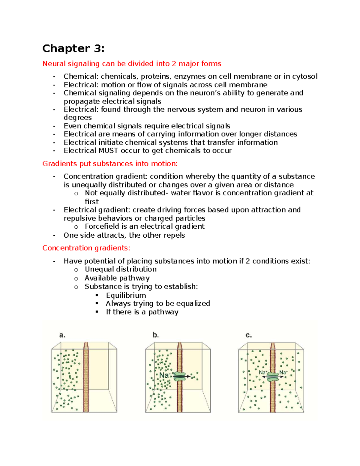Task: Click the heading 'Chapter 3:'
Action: (73, 49)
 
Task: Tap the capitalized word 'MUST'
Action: (108, 151)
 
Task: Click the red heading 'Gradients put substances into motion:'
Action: (110, 164)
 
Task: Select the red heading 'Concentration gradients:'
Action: (86, 248)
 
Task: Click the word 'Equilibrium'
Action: (126, 296)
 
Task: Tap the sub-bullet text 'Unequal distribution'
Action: (121, 269)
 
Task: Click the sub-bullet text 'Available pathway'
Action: (117, 278)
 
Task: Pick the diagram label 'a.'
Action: (62, 335)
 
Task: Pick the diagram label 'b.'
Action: (155, 335)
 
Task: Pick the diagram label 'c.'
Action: (249, 335)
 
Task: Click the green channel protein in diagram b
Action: (180, 377)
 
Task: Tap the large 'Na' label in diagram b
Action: (164, 375)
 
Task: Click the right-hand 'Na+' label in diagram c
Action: (283, 372)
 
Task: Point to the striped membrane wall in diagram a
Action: (86, 378)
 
